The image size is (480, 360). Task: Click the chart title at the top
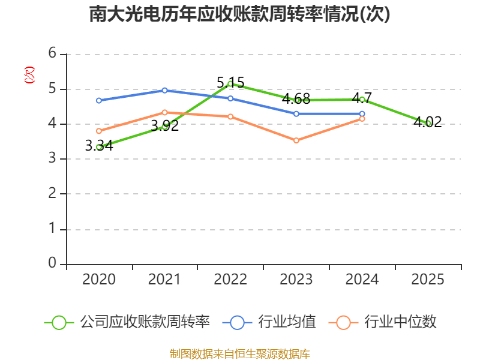tap(239, 14)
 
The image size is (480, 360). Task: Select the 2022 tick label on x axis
tap(230, 280)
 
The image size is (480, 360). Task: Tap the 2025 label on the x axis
tap(428, 280)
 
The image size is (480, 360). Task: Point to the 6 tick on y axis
tap(52, 53)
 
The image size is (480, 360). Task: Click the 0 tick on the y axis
tap(52, 263)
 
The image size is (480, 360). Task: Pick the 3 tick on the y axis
tap(52, 158)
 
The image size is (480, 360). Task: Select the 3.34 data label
tap(99, 145)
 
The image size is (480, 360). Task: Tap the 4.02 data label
tap(428, 122)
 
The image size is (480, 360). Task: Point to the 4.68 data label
tap(296, 98)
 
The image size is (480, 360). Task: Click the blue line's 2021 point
tap(164, 90)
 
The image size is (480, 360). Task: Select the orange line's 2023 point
tap(296, 140)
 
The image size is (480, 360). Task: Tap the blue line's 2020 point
tap(99, 100)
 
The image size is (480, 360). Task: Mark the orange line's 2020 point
tap(99, 131)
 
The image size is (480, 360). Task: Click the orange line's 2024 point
tap(362, 119)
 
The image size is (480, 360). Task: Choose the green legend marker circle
tap(59, 322)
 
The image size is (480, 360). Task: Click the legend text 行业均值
tap(287, 322)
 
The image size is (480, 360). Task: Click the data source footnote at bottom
tap(239, 353)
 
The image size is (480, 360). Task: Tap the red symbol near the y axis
tap(29, 75)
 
